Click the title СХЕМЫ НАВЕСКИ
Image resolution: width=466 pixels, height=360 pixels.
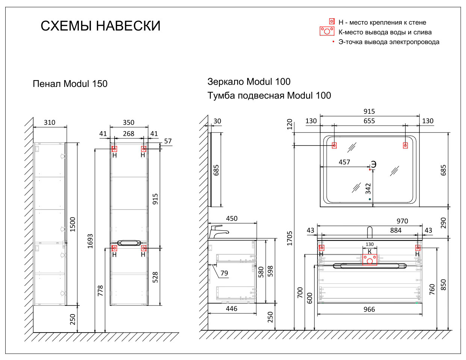[100, 26]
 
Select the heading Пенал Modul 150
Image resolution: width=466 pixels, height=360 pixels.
[70, 84]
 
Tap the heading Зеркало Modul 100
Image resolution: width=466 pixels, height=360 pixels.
[249, 82]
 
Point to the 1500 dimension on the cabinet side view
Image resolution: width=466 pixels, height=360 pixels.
[73, 224]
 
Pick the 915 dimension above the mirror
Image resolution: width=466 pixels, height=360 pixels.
[369, 111]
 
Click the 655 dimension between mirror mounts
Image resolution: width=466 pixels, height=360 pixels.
[369, 121]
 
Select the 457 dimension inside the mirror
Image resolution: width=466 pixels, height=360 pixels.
[344, 162]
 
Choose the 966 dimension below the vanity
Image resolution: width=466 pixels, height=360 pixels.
[369, 309]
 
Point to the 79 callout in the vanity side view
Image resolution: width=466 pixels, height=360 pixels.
[224, 273]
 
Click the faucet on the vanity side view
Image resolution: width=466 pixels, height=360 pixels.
[218, 231]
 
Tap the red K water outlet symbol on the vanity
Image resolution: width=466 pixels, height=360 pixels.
[370, 260]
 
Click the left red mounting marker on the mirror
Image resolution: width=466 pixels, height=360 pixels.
[334, 145]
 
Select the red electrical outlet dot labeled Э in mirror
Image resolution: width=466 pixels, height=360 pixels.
[370, 170]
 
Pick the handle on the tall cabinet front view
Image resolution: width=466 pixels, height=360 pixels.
[129, 243]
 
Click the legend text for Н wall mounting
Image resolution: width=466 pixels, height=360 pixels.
[382, 22]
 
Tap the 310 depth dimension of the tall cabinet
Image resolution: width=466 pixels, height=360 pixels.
[50, 122]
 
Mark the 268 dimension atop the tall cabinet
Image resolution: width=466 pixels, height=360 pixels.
[129, 134]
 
